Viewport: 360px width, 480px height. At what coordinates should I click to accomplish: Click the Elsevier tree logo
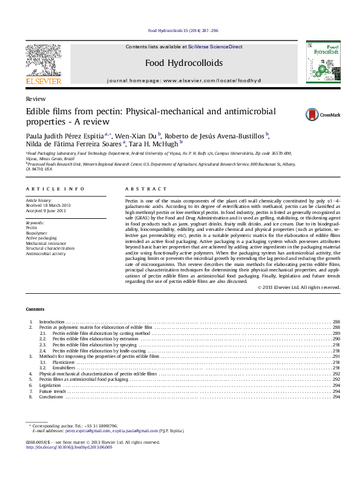pyautogui.click(x=43, y=60)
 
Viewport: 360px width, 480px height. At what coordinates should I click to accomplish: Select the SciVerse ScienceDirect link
pyautogui.click(x=215, y=47)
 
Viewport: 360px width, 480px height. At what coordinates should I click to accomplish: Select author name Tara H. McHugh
pyautogui.click(x=152, y=145)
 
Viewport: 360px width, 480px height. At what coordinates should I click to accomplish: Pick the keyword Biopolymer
pyautogui.click(x=35, y=232)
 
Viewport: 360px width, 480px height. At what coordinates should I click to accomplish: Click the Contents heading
pyautogui.click(x=35, y=309)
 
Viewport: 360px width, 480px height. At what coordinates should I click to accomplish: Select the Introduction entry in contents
pyautogui.click(x=51, y=322)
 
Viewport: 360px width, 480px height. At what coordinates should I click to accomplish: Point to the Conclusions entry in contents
pyautogui.click(x=51, y=397)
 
